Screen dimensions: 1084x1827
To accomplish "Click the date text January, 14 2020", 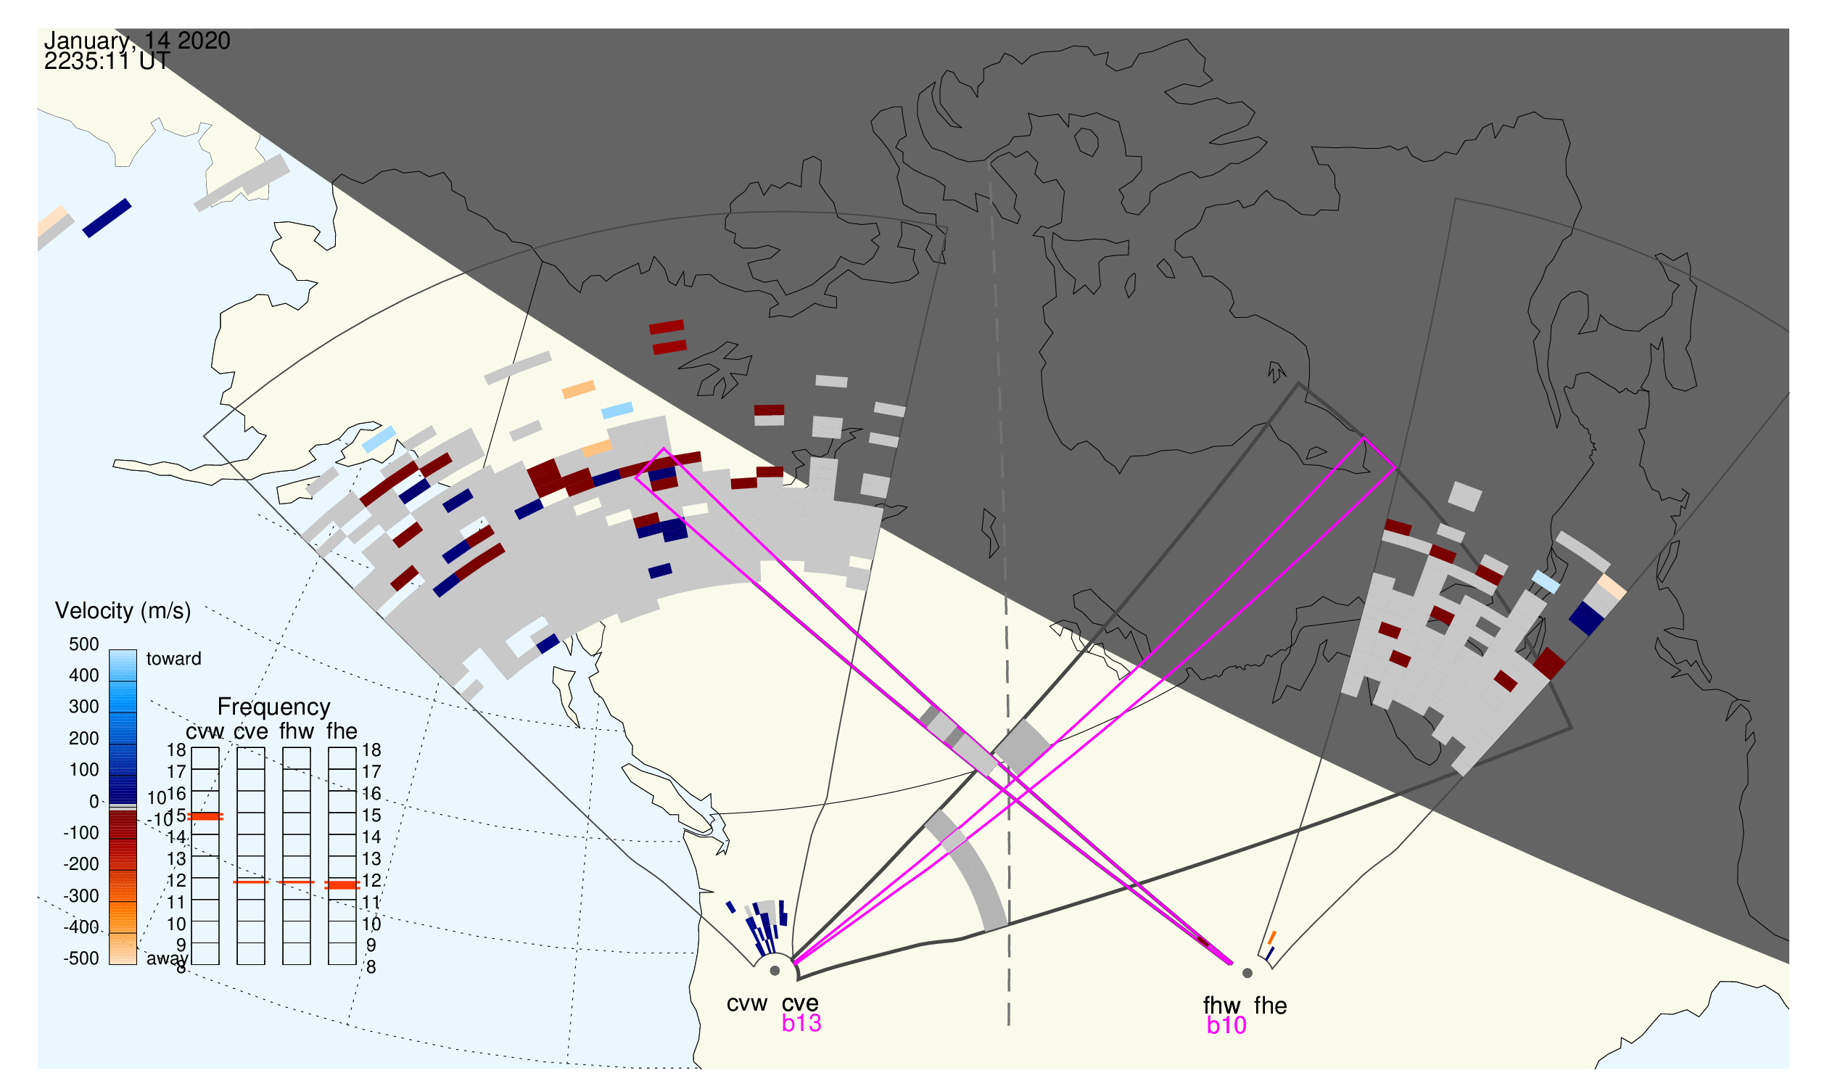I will point(136,41).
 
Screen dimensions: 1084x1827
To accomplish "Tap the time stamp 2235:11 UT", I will point(107,62).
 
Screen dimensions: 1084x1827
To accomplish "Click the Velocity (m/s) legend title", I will point(123,611).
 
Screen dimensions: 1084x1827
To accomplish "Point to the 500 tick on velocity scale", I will point(83,644).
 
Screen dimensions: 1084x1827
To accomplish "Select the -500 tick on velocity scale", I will point(81,958).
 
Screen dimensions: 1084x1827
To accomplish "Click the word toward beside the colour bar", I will point(173,659).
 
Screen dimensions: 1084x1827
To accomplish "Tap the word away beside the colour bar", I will point(167,958).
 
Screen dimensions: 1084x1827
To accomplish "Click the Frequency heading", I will point(274,707).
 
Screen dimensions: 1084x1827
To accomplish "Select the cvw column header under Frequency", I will point(205,731).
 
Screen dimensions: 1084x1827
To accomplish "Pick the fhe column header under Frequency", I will point(342,731).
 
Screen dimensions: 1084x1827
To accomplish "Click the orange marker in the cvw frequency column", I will point(205,817).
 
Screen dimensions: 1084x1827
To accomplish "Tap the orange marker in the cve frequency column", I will point(250,882).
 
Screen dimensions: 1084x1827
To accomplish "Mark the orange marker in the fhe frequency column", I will point(342,884).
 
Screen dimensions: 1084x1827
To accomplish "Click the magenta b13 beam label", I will point(801,1023).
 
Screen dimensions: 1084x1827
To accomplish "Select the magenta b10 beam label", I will point(1226,1025).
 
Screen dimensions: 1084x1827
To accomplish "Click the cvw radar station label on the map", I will point(746,1003).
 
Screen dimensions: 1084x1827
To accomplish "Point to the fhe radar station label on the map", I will point(1271,1006).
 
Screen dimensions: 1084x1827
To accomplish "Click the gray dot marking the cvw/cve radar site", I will point(775,971).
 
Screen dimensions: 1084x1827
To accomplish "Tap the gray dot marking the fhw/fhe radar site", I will point(1247,973).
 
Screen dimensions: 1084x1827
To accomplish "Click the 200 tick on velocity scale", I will point(83,739).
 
